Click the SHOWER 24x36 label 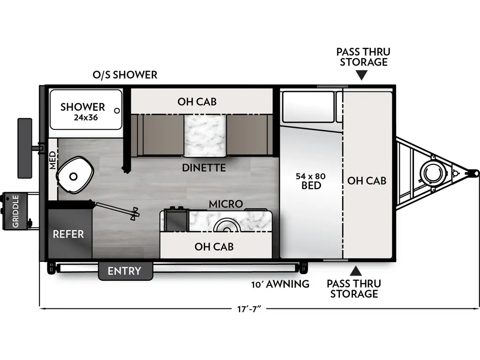pos(82,111)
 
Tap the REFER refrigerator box pos(68,233)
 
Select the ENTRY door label pos(124,271)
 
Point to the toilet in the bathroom pos(73,175)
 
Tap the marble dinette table pos(204,135)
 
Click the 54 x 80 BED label pos(311,181)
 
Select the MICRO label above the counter pos(225,204)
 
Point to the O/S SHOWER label pos(125,75)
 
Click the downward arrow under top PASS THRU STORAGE pos(361,75)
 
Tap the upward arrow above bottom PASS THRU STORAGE pos(356,270)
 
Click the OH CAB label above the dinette pos(197,101)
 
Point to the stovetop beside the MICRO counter pos(176,219)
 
